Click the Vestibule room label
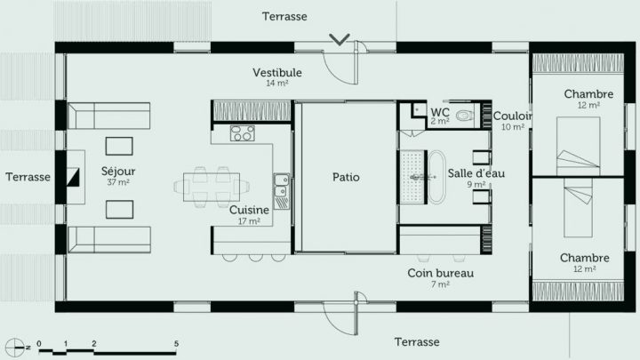point(277,72)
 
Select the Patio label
point(346,177)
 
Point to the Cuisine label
point(249,210)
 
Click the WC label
point(440,112)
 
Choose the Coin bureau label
point(440,273)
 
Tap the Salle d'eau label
point(476,172)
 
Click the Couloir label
point(513,116)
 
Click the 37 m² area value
point(118,182)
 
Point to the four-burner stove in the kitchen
point(243,133)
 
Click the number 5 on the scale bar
point(176,343)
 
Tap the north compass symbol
point(15,344)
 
